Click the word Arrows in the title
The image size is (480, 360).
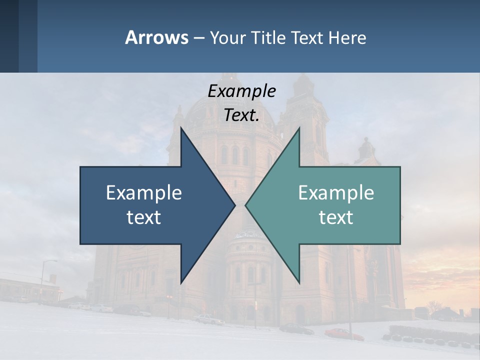pyautogui.click(x=156, y=37)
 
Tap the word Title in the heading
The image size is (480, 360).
pyautogui.click(x=272, y=37)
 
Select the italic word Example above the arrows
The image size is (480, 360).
pyautogui.click(x=241, y=91)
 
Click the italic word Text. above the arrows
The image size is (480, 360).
pyautogui.click(x=241, y=115)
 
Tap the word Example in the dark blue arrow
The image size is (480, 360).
pyautogui.click(x=144, y=193)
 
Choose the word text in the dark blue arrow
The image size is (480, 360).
pyautogui.click(x=144, y=217)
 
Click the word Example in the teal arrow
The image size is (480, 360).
pyautogui.click(x=336, y=193)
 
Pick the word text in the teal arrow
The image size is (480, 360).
pyautogui.click(x=336, y=217)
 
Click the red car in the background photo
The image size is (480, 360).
pyautogui.click(x=343, y=333)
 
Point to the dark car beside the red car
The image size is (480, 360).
pyautogui.click(x=296, y=328)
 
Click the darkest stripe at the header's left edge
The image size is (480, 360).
pyautogui.click(x=9, y=36)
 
